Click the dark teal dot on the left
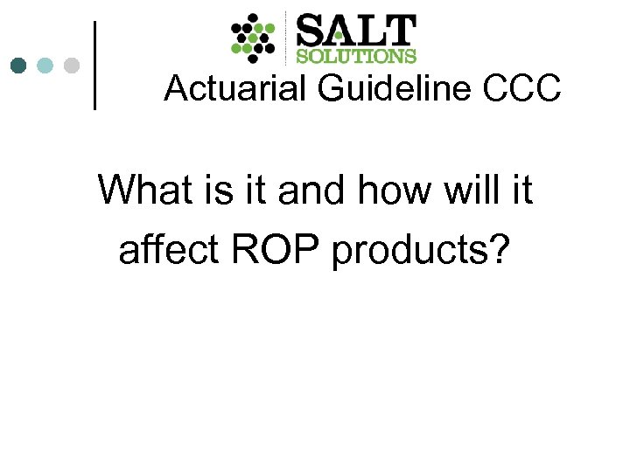[x=18, y=66]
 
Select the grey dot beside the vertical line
[x=72, y=66]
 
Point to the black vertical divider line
[x=94, y=66]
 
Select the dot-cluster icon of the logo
[x=253, y=38]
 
